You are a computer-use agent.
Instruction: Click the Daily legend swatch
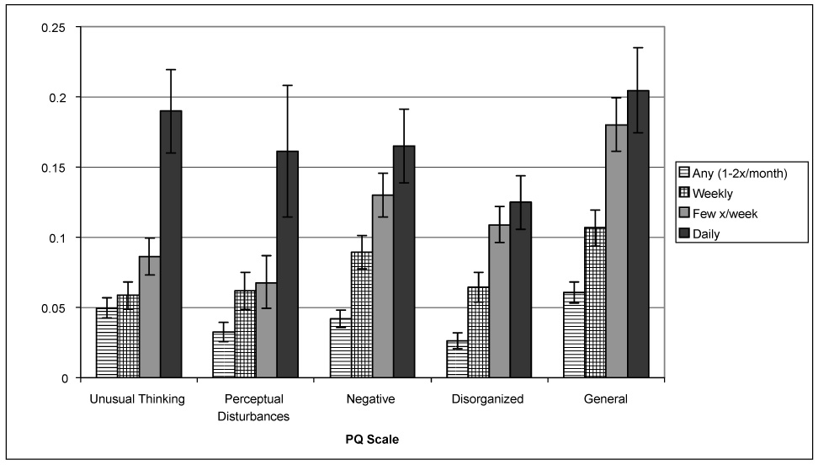pos(683,234)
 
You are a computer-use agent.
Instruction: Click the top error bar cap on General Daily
pos(638,48)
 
